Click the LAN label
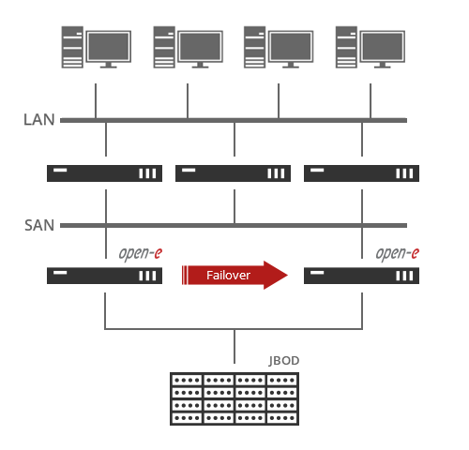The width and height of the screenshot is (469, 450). [38, 120]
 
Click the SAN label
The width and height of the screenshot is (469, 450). [38, 226]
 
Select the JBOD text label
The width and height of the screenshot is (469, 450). [283, 361]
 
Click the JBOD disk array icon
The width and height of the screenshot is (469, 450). [234, 397]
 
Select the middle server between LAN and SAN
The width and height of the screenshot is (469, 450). [234, 172]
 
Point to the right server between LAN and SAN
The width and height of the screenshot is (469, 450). [362, 172]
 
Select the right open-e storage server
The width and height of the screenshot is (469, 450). [362, 276]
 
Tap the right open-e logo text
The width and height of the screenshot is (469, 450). [397, 253]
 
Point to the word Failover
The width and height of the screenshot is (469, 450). [228, 275]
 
